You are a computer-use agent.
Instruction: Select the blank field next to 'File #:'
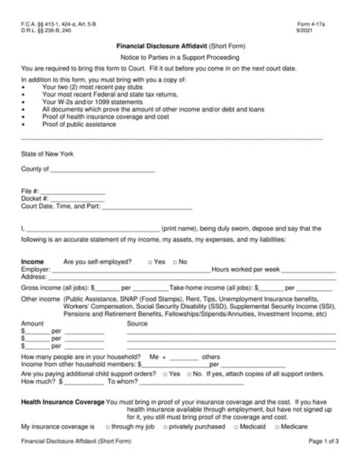(x=73, y=191)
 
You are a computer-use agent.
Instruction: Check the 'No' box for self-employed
(x=173, y=262)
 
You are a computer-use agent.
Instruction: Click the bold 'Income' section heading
(x=33, y=262)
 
